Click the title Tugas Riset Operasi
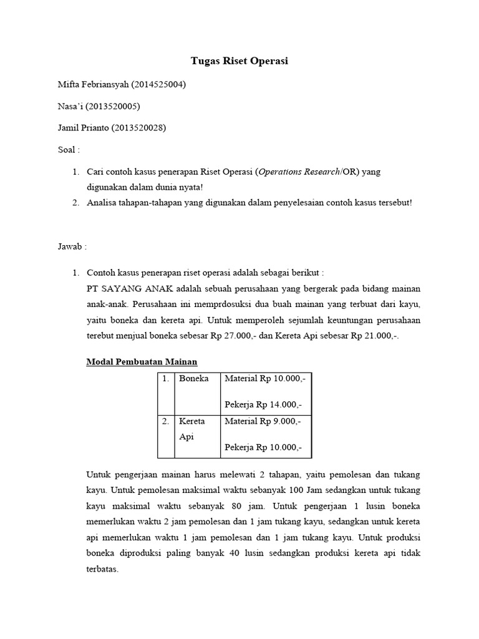(x=239, y=61)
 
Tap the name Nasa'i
(x=71, y=106)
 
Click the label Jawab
(x=72, y=246)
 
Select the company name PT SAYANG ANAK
(x=130, y=289)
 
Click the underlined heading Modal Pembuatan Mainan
(x=142, y=361)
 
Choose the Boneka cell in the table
(x=193, y=378)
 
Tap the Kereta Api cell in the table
(x=192, y=429)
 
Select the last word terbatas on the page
(x=102, y=570)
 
